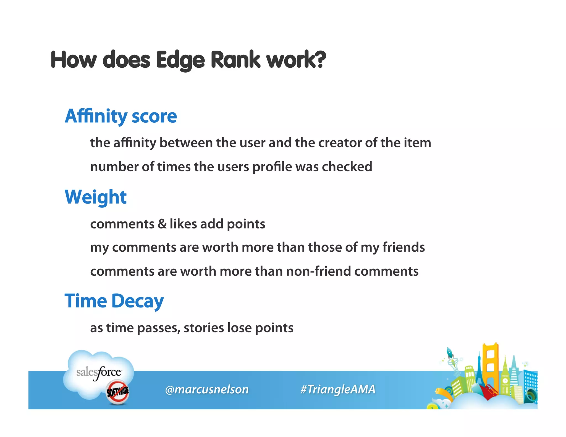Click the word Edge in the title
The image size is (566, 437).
pyautogui.click(x=180, y=60)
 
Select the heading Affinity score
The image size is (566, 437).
pyautogui.click(x=121, y=116)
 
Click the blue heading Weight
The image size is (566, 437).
pyautogui.click(x=96, y=197)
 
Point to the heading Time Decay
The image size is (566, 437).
pyautogui.click(x=114, y=301)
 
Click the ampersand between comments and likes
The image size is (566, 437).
pyautogui.click(x=162, y=224)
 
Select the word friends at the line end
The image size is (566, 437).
pyautogui.click(x=403, y=247)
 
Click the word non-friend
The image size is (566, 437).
pyautogui.click(x=319, y=271)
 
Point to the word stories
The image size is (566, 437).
pyautogui.click(x=204, y=328)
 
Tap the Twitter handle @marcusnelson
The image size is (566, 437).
pyautogui.click(x=207, y=389)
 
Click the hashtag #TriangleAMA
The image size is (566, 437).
pyautogui.click(x=338, y=389)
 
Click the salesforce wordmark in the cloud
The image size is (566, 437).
pyautogui.click(x=98, y=372)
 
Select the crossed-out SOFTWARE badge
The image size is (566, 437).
pyautogui.click(x=118, y=391)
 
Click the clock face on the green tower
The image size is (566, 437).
pyautogui.click(x=505, y=381)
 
